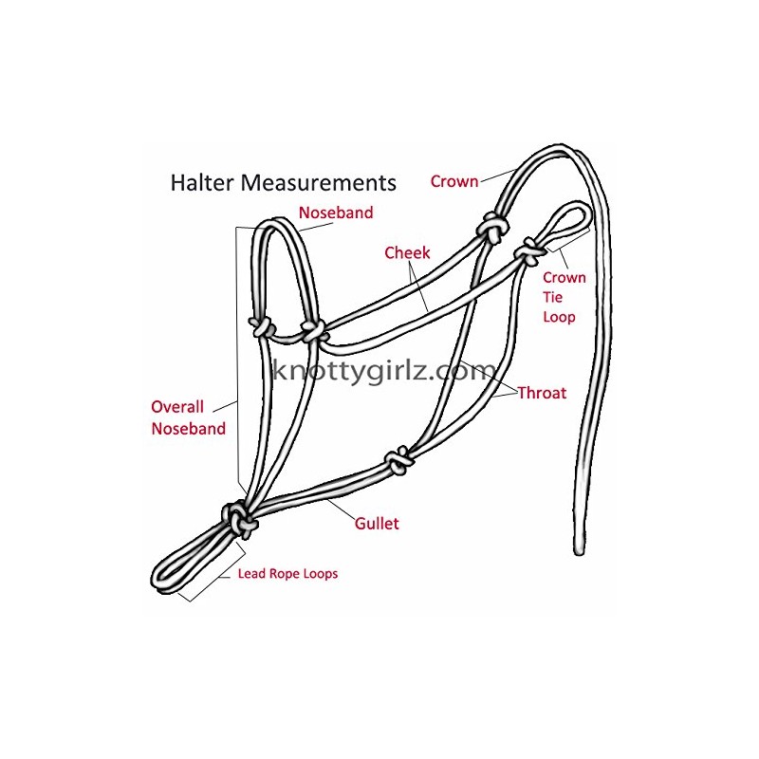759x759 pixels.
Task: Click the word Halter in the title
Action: pyautogui.click(x=203, y=182)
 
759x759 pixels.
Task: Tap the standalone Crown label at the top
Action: pyautogui.click(x=454, y=180)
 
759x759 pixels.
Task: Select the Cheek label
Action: pyautogui.click(x=407, y=253)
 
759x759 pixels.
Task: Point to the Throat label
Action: pyautogui.click(x=542, y=393)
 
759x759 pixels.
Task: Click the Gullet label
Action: pyautogui.click(x=377, y=524)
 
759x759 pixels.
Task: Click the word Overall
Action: pyautogui.click(x=178, y=407)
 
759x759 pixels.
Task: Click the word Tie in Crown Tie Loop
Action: pyautogui.click(x=555, y=297)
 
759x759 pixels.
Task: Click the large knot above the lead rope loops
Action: pyautogui.click(x=238, y=518)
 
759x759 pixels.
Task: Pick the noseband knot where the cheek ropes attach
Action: pyautogui.click(x=311, y=331)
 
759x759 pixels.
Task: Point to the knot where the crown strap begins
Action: pyautogui.click(x=492, y=227)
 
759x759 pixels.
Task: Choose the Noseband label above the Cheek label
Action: pyautogui.click(x=336, y=213)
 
